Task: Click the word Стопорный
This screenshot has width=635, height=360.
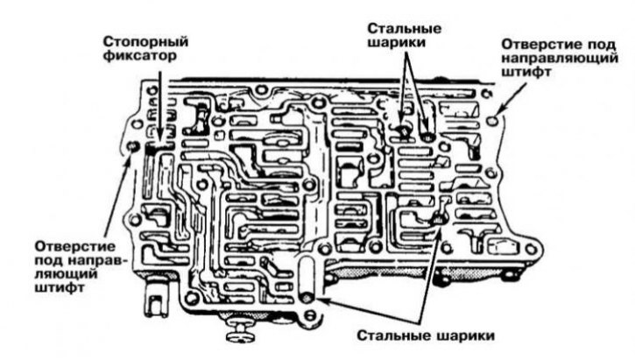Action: click(146, 41)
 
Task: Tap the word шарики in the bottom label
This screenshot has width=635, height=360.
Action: click(459, 336)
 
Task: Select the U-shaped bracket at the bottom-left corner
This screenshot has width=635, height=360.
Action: click(158, 300)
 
